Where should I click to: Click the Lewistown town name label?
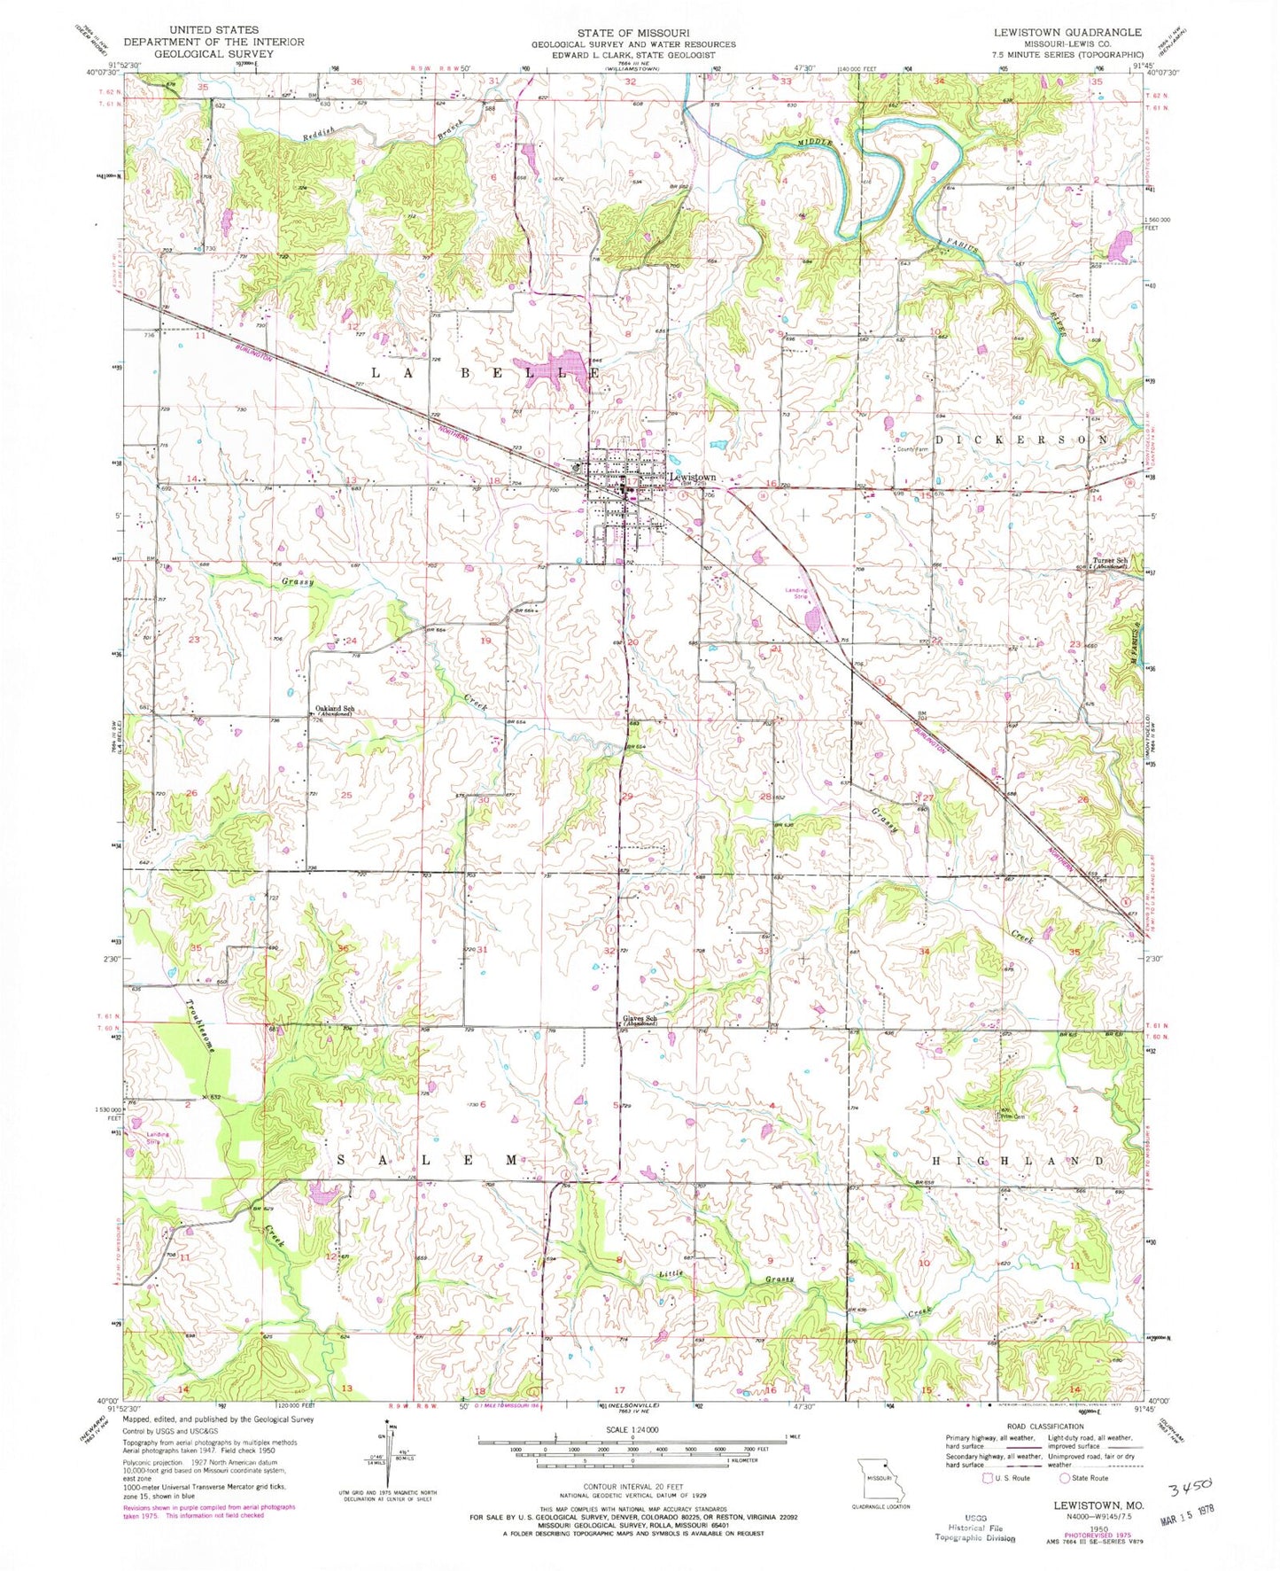click(693, 477)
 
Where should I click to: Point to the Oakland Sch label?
click(336, 709)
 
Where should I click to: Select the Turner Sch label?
click(1109, 561)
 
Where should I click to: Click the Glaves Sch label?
click(640, 1019)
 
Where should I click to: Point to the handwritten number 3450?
click(1188, 1486)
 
